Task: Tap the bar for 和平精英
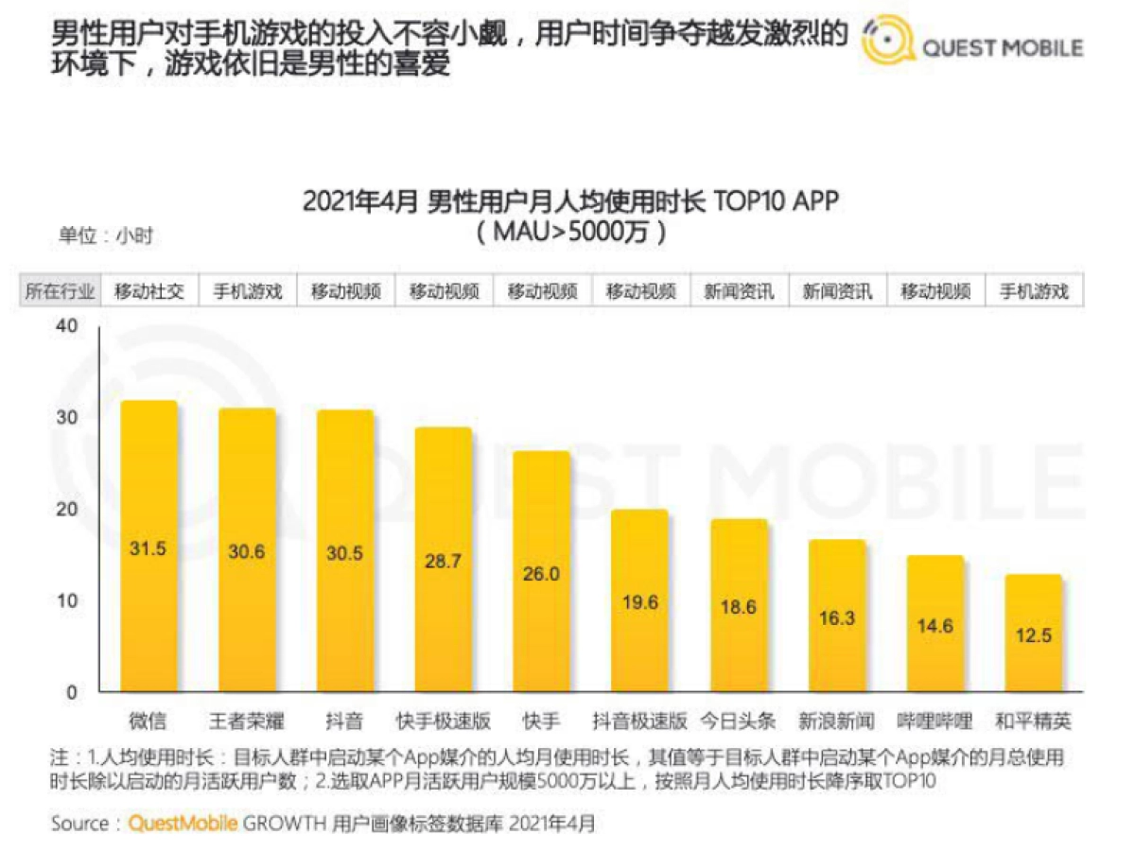(1033, 633)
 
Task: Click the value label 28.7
(443, 561)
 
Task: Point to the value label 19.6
(639, 602)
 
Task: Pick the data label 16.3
(836, 617)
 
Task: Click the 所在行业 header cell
(60, 291)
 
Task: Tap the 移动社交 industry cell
(148, 291)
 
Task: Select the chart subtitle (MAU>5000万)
(570, 232)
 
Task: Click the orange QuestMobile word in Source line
(183, 824)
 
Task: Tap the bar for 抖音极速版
(639, 600)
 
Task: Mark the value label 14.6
(934, 625)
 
